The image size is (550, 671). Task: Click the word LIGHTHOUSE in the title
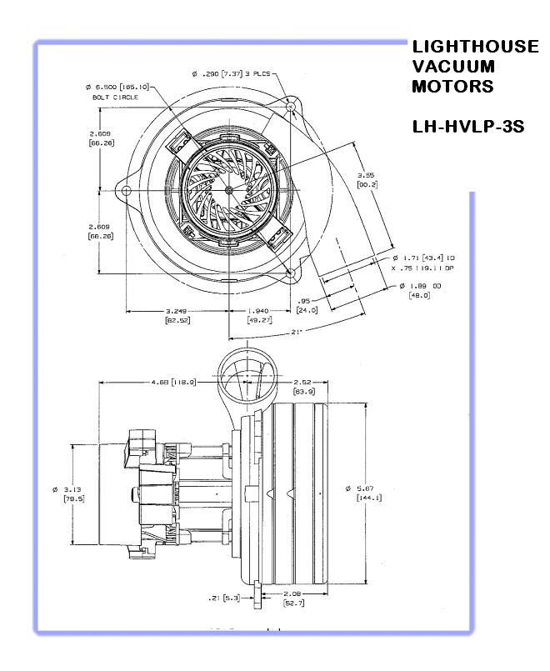click(x=475, y=47)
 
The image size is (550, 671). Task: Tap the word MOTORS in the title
click(x=452, y=86)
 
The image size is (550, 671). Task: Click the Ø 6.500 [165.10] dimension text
click(x=117, y=87)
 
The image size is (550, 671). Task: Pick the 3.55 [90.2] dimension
click(x=365, y=179)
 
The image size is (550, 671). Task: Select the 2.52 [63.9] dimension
click(x=303, y=386)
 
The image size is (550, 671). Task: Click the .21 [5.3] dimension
click(x=222, y=597)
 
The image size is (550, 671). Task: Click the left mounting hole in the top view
click(x=127, y=191)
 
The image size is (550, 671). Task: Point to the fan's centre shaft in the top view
click(x=228, y=190)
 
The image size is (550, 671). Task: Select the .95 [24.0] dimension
click(x=306, y=305)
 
